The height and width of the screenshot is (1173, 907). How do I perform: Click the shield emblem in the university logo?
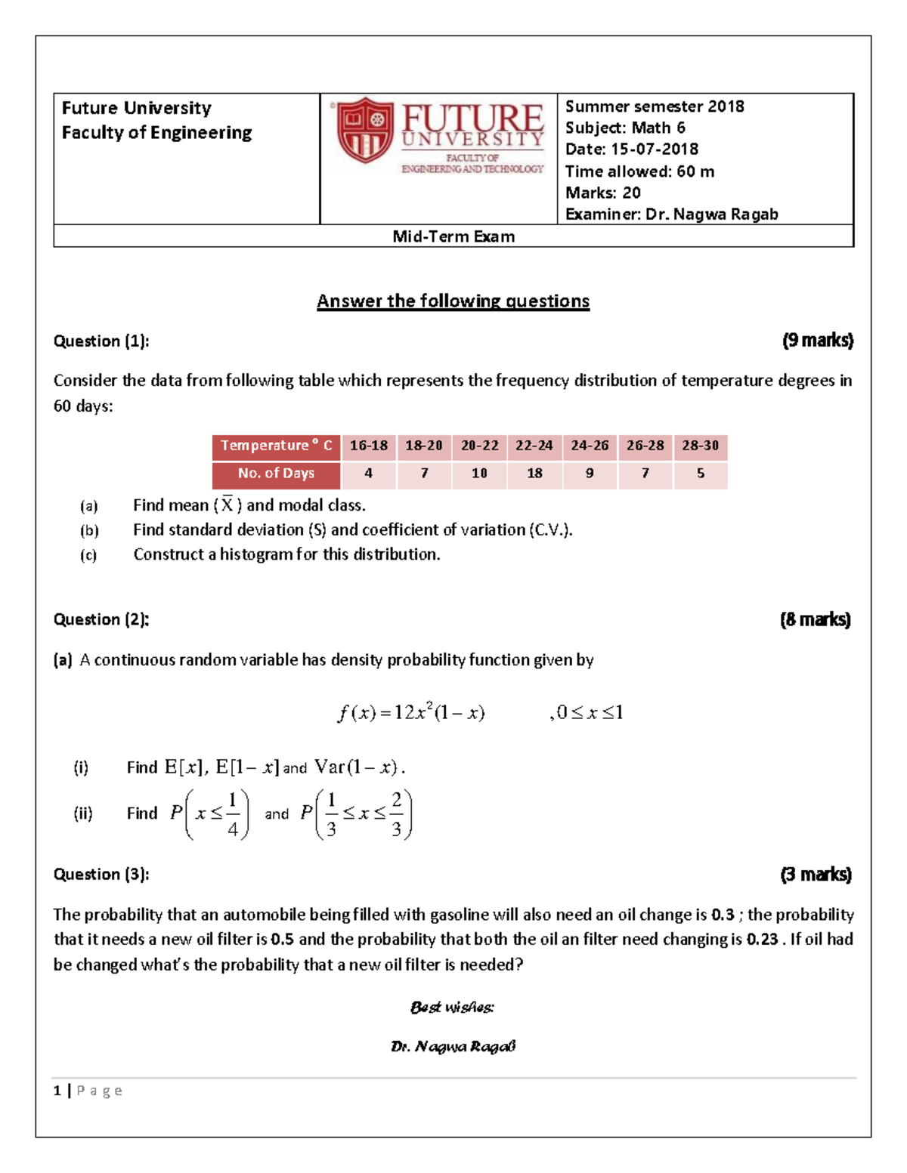click(x=365, y=130)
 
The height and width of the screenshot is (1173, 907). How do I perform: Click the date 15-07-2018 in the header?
click(x=655, y=149)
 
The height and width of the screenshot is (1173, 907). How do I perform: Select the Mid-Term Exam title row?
click(x=453, y=236)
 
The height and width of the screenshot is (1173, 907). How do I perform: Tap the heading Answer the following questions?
click(x=453, y=301)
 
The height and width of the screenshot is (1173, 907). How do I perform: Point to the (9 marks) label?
click(x=817, y=341)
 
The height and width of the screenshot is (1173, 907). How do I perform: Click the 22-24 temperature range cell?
click(x=534, y=446)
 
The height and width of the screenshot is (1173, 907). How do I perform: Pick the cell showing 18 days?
click(x=534, y=474)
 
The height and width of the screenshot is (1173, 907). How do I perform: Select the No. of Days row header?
click(x=276, y=474)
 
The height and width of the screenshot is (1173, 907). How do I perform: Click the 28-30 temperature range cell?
click(x=700, y=446)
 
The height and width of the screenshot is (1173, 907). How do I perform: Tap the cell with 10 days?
click(x=479, y=474)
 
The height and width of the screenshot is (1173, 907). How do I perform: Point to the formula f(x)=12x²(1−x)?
click(x=411, y=712)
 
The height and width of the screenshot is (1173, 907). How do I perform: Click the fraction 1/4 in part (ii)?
click(x=233, y=814)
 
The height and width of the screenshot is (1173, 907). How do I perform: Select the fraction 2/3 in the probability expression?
click(x=396, y=814)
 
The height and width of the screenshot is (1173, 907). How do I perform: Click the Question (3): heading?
click(x=101, y=874)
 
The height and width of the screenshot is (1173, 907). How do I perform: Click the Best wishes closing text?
click(x=452, y=1007)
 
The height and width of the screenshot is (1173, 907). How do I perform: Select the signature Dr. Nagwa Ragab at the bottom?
click(x=453, y=1046)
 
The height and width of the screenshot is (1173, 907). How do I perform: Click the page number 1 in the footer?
click(x=57, y=1090)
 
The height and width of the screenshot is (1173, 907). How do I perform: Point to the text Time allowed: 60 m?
click(x=639, y=171)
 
